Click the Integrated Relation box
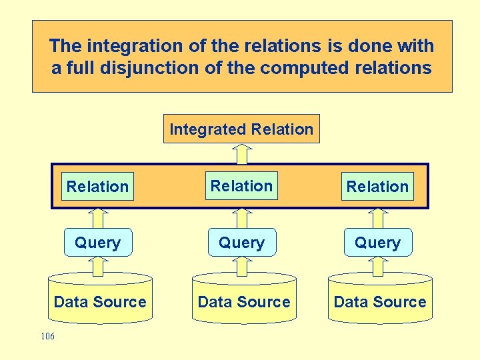[x=241, y=129]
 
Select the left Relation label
[x=97, y=187]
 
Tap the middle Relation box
[x=241, y=186]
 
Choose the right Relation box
[x=377, y=187]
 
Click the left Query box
[x=97, y=243]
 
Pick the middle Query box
[x=241, y=243]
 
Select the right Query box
[x=377, y=243]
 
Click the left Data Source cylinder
[x=100, y=301]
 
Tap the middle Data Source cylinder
[x=244, y=301]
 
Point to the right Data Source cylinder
[x=380, y=301]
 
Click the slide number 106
[x=47, y=337]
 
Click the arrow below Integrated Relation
[x=241, y=154]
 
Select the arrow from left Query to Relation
[x=98, y=218]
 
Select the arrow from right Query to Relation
[x=378, y=218]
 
